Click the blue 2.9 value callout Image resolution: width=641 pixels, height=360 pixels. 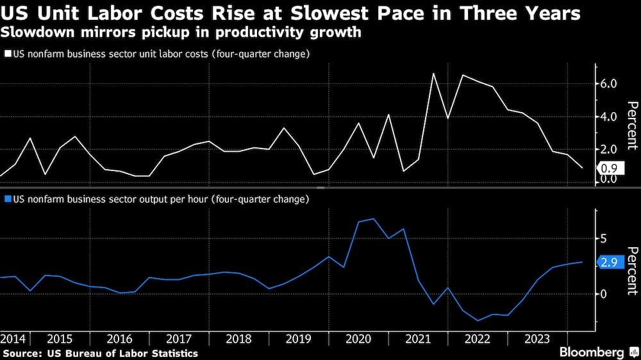pos(610,262)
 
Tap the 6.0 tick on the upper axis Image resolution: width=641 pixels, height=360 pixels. pos(608,84)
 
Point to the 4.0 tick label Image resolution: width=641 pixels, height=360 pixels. pos(608,117)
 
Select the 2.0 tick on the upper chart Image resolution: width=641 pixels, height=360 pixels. pos(608,149)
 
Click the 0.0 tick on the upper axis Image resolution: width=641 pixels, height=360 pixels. pos(608,179)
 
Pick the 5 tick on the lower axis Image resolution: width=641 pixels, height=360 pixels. pos(603,238)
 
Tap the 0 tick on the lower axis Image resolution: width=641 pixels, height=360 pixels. pos(603,294)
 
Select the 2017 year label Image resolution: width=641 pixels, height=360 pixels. pos(179,338)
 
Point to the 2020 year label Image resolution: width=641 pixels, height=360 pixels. pos(358,338)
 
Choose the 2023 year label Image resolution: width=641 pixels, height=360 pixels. pos(537,338)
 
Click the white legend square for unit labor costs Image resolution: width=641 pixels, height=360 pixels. pos(7,54)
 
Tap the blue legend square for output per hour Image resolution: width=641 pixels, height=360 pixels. pos(7,199)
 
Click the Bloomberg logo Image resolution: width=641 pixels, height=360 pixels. pos(593,352)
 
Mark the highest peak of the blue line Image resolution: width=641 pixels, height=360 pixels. pos(374,219)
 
